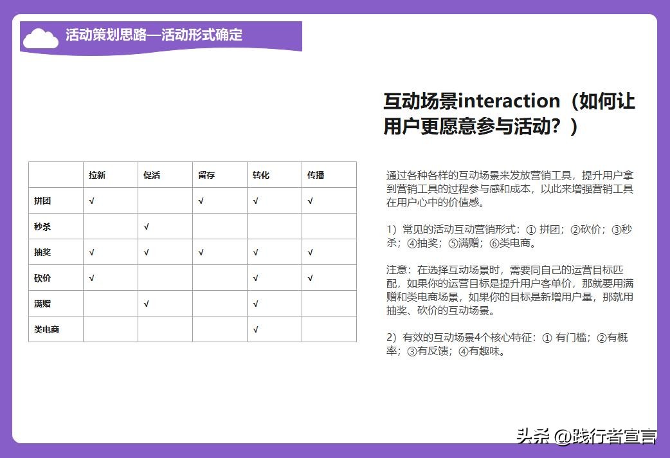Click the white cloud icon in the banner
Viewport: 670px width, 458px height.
[x=41, y=38]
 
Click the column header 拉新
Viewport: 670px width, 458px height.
[x=97, y=175]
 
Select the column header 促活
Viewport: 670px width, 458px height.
[x=152, y=175]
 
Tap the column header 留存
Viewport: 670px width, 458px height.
[x=206, y=175]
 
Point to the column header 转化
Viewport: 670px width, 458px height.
[x=260, y=175]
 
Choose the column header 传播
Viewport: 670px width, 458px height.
[x=315, y=175]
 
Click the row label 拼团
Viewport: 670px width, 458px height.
[x=42, y=201]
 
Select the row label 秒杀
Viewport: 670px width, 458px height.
[x=42, y=226]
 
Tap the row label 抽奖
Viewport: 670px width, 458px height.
[x=42, y=252]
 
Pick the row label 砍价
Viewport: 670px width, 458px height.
[x=42, y=278]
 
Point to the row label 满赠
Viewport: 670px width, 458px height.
[x=42, y=304]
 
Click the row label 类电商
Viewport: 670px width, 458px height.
[x=46, y=329]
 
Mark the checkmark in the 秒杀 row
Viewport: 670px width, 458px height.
[x=147, y=226]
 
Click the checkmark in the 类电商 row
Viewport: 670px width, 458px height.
[x=256, y=329]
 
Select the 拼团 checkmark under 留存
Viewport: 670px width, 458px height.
[x=201, y=201]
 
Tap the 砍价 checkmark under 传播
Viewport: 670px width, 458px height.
[x=311, y=278]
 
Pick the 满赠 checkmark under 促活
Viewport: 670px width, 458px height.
[x=147, y=304]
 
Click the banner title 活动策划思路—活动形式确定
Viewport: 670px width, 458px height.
[x=154, y=35]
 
